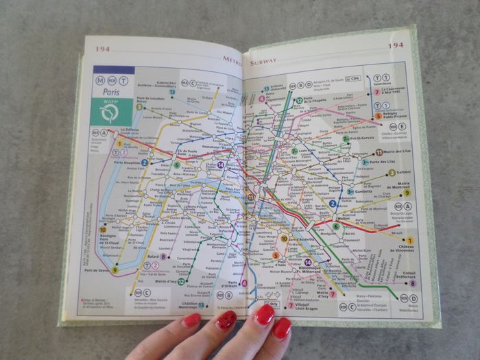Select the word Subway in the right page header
263,62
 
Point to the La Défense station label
113,129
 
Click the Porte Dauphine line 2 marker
145,163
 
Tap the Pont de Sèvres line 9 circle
115,270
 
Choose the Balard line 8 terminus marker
163,256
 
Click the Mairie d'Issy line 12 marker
181,281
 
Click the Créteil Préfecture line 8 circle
412,283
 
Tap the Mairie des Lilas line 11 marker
379,152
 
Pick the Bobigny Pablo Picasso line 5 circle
379,117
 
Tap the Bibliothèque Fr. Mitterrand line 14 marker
308,263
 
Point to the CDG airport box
355,79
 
